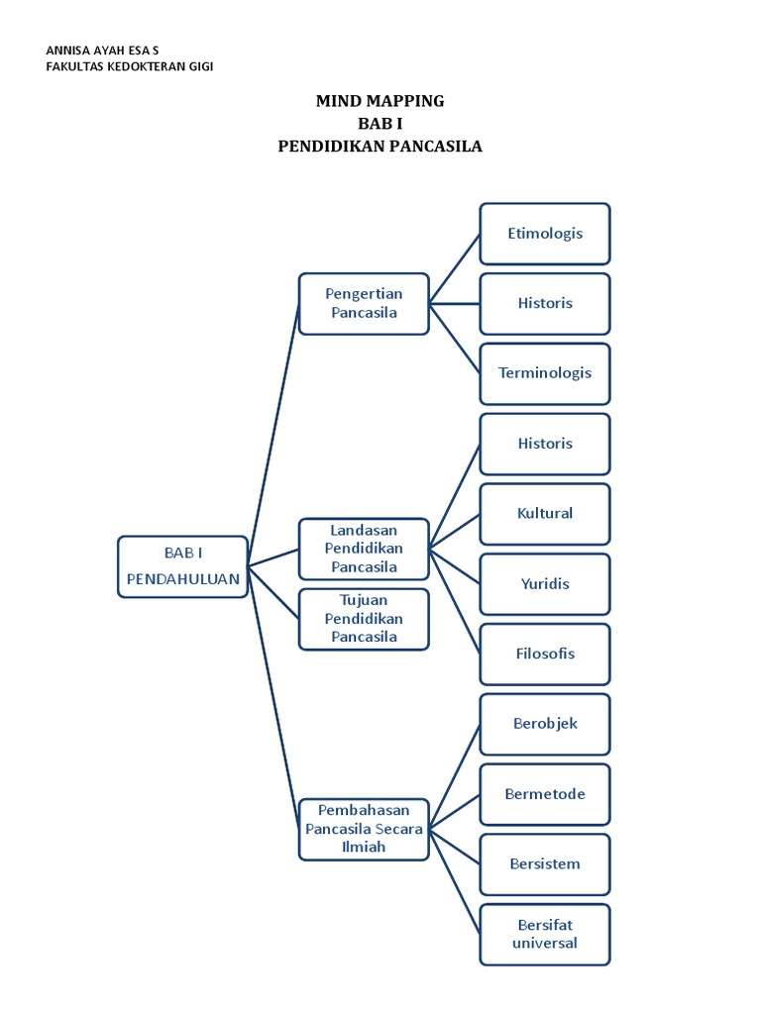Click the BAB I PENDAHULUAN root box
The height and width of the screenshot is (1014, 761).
pyautogui.click(x=182, y=566)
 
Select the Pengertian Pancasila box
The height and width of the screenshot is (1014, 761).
pyautogui.click(x=364, y=304)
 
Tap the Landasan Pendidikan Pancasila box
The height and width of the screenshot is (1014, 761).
pyautogui.click(x=364, y=549)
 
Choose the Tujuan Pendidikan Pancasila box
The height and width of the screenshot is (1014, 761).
pyautogui.click(x=364, y=619)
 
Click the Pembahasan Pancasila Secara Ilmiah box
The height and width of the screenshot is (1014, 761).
pyautogui.click(x=364, y=829)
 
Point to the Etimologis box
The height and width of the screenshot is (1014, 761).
pyautogui.click(x=545, y=234)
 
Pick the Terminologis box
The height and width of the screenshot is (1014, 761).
pyautogui.click(x=545, y=373)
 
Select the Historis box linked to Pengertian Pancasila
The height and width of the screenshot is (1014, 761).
pyautogui.click(x=545, y=303)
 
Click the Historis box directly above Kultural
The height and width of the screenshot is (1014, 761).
pyautogui.click(x=545, y=444)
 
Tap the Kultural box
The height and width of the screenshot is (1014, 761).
pyautogui.click(x=545, y=514)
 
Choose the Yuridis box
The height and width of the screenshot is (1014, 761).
pyautogui.click(x=545, y=584)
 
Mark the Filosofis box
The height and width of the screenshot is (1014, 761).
pyautogui.click(x=545, y=654)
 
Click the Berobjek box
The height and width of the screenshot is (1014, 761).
pyautogui.click(x=545, y=724)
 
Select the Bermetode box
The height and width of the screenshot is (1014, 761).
pyautogui.click(x=545, y=794)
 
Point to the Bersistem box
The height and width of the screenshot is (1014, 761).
pyautogui.click(x=545, y=864)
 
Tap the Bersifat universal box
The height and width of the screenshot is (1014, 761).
pyautogui.click(x=545, y=934)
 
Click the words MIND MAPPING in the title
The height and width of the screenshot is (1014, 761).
pyautogui.click(x=380, y=101)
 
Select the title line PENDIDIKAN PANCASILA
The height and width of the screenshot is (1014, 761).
pyautogui.click(x=380, y=147)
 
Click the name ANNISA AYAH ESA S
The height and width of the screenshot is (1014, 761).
pyautogui.click(x=102, y=50)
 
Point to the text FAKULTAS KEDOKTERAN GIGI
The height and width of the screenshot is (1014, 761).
pyautogui.click(x=130, y=66)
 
